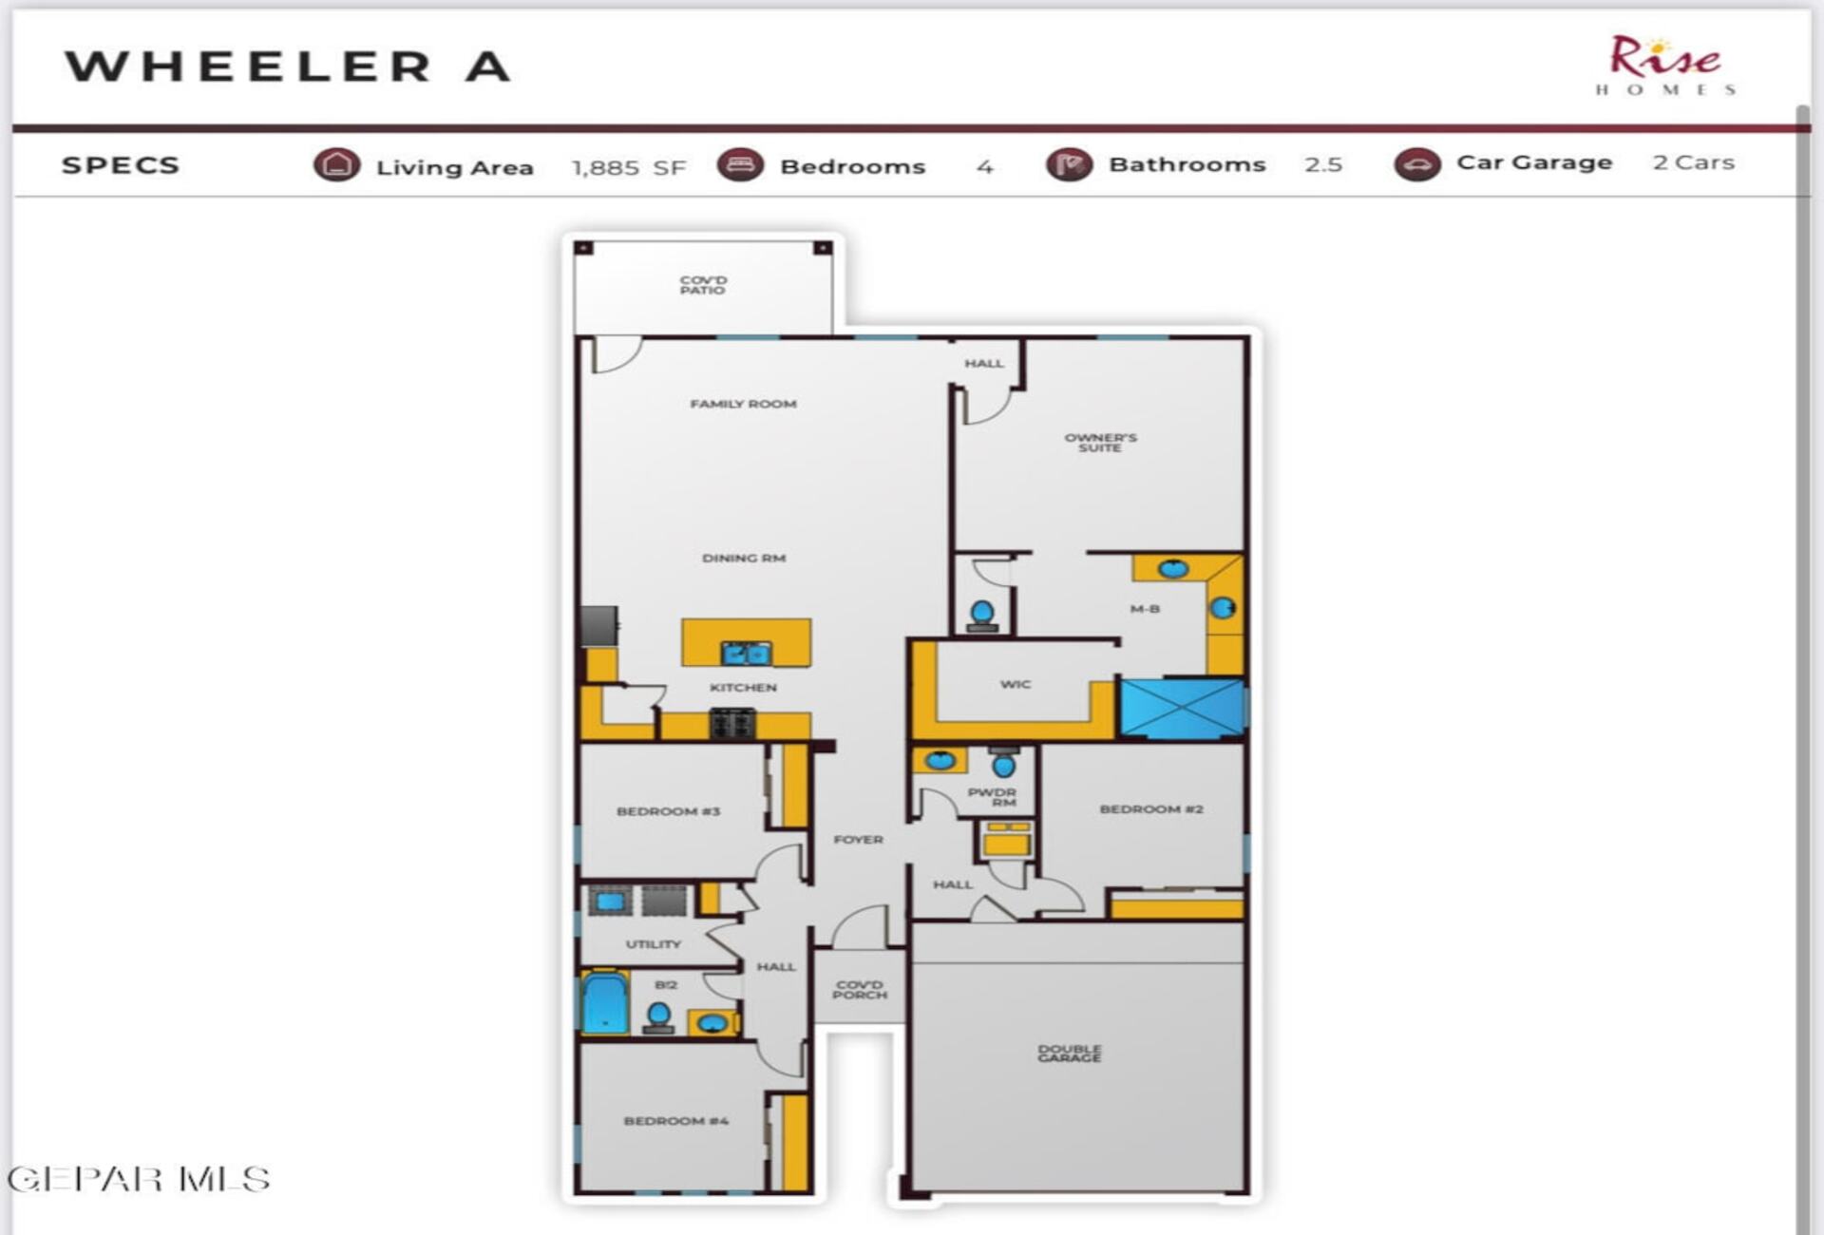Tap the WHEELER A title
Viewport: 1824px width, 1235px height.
tap(288, 66)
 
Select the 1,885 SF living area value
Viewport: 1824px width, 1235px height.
tap(628, 168)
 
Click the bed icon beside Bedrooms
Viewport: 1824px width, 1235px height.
tap(740, 164)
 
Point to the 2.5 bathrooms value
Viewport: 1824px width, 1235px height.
tap(1323, 164)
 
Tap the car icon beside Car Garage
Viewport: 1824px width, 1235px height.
tap(1416, 164)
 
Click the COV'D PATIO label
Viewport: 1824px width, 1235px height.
tap(703, 285)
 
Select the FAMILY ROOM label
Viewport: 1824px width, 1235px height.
tap(743, 404)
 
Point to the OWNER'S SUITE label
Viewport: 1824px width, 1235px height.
tap(1100, 443)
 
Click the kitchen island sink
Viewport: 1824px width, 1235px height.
tap(746, 652)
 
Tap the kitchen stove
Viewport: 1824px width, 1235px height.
tap(732, 724)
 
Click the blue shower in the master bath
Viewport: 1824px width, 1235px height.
tap(1182, 708)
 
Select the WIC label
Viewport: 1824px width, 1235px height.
tap(1015, 684)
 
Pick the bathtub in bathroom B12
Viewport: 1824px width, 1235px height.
tap(605, 1001)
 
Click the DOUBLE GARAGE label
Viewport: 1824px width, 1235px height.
tap(1070, 1054)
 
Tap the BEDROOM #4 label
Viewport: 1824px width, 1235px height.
tap(675, 1121)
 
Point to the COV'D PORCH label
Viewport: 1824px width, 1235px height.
tap(860, 990)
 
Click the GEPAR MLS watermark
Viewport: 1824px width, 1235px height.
tap(139, 1180)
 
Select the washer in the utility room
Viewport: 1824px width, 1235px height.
tap(609, 901)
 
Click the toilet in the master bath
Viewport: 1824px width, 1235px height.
tap(982, 615)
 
